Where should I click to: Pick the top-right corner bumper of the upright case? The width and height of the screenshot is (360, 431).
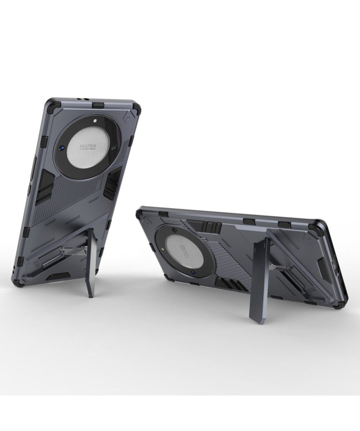[135, 109]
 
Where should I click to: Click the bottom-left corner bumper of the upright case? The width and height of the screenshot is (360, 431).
[18, 280]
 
